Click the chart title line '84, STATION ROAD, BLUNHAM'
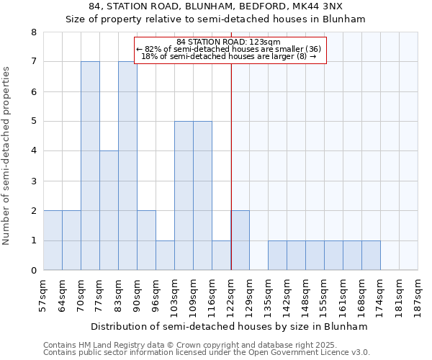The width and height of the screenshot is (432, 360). click(x=215, y=8)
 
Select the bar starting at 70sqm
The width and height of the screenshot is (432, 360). click(x=90, y=166)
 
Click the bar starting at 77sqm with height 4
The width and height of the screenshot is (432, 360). click(x=109, y=210)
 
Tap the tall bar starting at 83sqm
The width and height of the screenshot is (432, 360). click(x=127, y=166)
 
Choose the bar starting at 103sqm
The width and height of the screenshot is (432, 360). click(x=184, y=196)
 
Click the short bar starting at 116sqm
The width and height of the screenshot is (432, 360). click(x=221, y=256)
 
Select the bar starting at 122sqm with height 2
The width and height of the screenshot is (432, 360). click(x=240, y=240)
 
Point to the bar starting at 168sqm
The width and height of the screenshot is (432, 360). click(x=371, y=256)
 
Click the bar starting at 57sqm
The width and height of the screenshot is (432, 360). click(x=53, y=240)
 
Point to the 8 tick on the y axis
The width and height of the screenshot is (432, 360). click(x=33, y=32)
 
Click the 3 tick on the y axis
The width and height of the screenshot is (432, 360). click(x=33, y=181)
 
